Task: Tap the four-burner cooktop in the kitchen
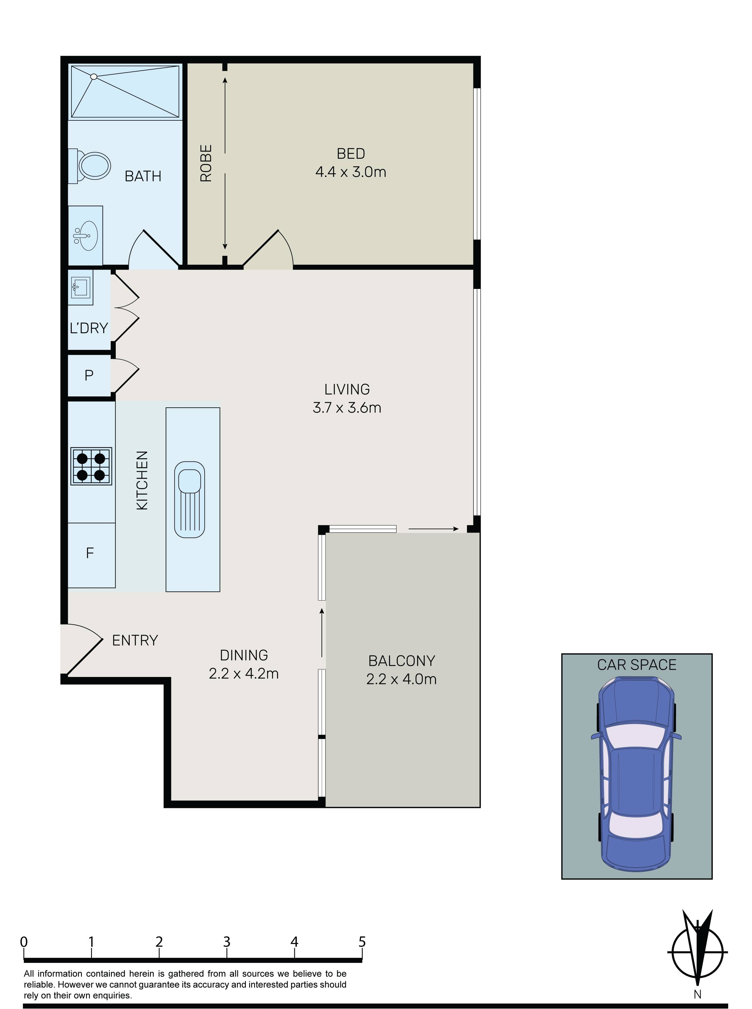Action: click(x=91, y=466)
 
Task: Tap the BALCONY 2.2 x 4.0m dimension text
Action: click(x=401, y=679)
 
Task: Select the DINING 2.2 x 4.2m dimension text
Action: click(x=244, y=673)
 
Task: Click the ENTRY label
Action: click(x=135, y=640)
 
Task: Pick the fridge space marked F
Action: click(x=90, y=553)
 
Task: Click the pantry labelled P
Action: click(x=89, y=375)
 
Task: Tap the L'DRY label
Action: click(x=89, y=328)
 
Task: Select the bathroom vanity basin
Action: click(x=85, y=235)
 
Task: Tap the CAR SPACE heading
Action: click(x=636, y=665)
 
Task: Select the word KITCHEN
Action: click(x=142, y=480)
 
